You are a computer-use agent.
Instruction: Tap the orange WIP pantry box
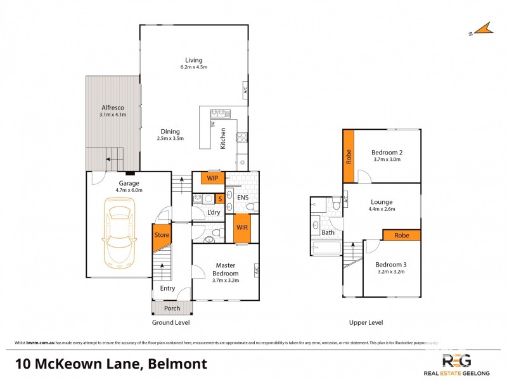click(212, 178)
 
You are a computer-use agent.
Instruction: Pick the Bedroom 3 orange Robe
click(402, 235)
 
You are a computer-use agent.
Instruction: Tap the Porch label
click(172, 308)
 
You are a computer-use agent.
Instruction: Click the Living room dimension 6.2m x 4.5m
click(194, 66)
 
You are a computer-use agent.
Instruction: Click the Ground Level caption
click(171, 322)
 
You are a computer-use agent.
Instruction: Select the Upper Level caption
click(366, 322)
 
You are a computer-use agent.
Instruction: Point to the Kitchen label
click(222, 139)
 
